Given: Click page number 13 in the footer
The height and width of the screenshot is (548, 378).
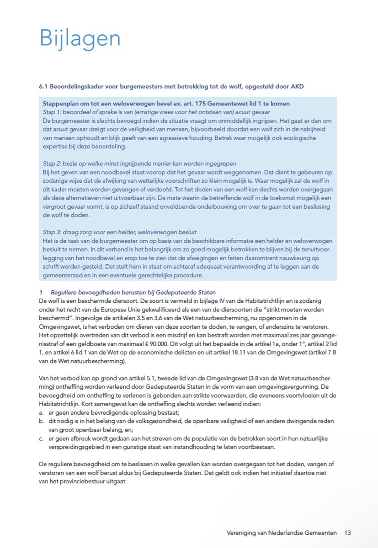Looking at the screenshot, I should (347, 532).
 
